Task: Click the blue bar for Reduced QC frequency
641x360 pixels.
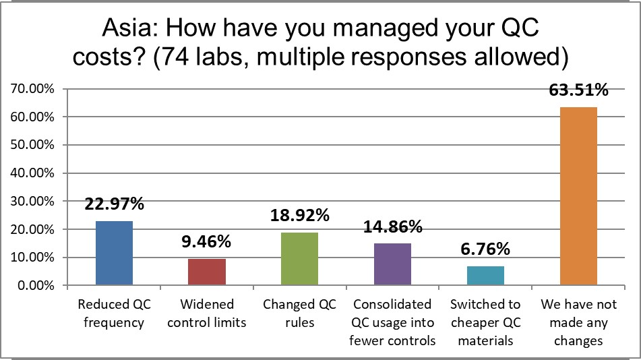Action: coord(114,253)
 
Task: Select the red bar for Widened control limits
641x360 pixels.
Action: coord(206,272)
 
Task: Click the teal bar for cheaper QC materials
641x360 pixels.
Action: coord(485,276)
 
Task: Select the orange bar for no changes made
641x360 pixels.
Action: coord(578,196)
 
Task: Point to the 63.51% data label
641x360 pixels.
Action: coord(578,90)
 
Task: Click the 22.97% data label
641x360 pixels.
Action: coord(114,204)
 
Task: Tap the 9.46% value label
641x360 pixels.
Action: coord(206,241)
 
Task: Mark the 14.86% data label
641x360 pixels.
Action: coord(392,227)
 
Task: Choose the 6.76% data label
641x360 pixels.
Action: coord(485,249)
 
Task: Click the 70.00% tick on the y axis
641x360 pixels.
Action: coord(32,89)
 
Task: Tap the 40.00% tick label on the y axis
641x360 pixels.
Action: coord(32,173)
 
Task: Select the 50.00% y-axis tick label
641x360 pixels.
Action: coord(32,145)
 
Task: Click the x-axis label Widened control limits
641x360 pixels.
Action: coord(206,313)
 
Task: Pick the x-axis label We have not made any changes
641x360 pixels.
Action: coord(578,322)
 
